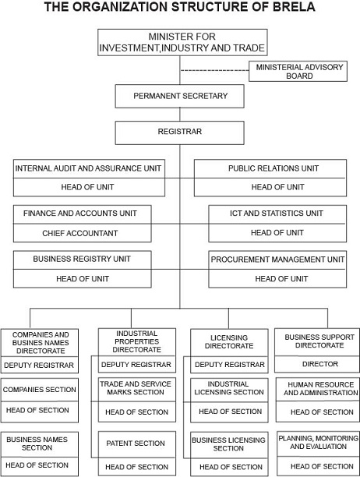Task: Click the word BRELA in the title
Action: [x=294, y=7]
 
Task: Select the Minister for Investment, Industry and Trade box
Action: [x=182, y=42]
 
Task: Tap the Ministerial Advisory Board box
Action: [x=298, y=71]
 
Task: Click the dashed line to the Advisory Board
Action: [x=214, y=71]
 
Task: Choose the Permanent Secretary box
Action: [x=179, y=96]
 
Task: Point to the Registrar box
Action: [x=179, y=133]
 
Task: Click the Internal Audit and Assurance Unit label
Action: [x=88, y=168]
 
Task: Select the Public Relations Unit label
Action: [x=274, y=168]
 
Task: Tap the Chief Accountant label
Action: [x=80, y=233]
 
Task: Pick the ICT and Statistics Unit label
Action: [x=277, y=214]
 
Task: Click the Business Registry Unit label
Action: [x=82, y=259]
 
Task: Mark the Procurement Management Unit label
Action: [x=277, y=260]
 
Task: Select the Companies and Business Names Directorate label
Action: [x=41, y=343]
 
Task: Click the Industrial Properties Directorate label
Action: [x=137, y=341]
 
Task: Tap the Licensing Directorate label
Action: [x=229, y=342]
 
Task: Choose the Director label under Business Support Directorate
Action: [x=319, y=364]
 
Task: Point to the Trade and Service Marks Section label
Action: [x=136, y=388]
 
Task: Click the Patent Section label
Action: [x=136, y=443]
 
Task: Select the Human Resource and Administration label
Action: [x=321, y=389]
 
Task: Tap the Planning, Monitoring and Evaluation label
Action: [x=319, y=443]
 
